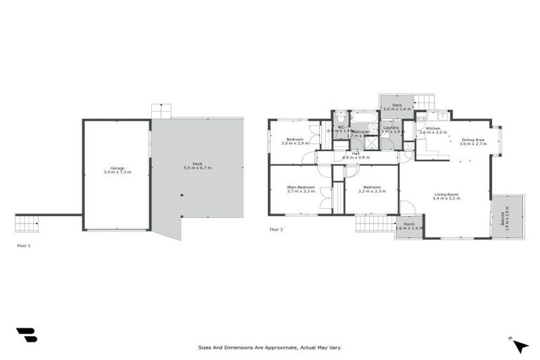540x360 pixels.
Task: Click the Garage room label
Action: (117, 167)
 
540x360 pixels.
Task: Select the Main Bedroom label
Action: (300, 187)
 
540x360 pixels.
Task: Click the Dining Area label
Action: (472, 140)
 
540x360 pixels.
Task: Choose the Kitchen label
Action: (433, 128)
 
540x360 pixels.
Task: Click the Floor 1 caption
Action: (24, 245)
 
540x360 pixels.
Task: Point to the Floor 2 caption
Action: (276, 229)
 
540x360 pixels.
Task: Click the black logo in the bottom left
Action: (26, 335)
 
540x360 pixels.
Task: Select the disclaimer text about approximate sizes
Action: (269, 347)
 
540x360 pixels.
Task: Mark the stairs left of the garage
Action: (27, 224)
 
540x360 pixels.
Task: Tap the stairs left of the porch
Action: (375, 224)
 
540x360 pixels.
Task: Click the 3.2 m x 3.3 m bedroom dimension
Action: (371, 191)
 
